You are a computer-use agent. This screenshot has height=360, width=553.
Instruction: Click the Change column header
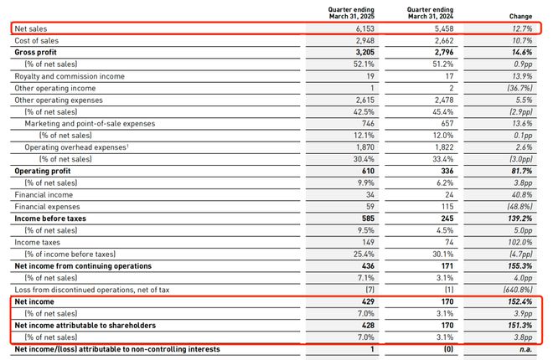tap(520, 16)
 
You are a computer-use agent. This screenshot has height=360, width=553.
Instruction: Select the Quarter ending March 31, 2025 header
tap(351, 13)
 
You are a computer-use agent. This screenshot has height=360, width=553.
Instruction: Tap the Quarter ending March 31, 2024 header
tap(431, 13)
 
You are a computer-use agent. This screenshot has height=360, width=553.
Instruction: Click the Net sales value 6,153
tap(365, 28)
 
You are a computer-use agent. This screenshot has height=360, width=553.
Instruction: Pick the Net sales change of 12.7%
tap(522, 28)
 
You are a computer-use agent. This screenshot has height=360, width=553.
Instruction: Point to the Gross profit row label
tap(36, 52)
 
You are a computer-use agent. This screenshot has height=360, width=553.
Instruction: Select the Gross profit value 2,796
tap(444, 52)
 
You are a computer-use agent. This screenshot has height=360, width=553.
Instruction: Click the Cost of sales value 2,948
tap(365, 40)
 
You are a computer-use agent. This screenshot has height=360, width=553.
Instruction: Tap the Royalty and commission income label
tap(70, 76)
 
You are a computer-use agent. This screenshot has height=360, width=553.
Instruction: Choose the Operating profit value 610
tap(368, 171)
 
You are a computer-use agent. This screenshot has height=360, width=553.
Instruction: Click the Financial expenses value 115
tap(447, 207)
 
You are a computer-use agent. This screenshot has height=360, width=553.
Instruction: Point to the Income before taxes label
tap(50, 219)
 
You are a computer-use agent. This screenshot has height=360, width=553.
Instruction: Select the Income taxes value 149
tap(368, 242)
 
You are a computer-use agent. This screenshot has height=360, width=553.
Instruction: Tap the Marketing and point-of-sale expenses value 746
tap(368, 123)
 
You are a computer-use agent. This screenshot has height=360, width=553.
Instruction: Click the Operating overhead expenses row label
tap(76, 147)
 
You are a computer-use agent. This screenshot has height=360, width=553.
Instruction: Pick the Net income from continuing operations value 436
tap(368, 266)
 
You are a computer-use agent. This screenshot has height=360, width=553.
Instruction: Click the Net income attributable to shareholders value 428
tap(368, 325)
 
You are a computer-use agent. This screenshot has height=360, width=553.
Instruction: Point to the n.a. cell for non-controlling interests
tap(525, 349)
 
